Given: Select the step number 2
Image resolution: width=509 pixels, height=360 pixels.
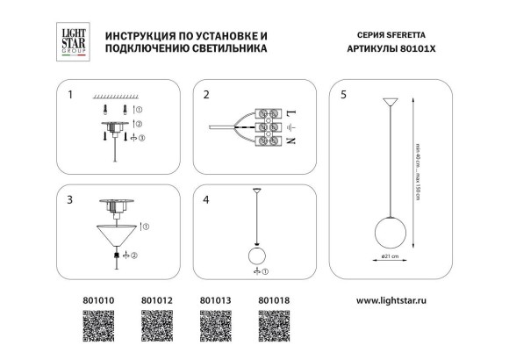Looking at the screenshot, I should (206, 93).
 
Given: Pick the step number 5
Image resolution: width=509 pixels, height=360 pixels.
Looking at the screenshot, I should (344, 93).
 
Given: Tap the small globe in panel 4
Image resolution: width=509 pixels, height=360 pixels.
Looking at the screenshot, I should (256, 256).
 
